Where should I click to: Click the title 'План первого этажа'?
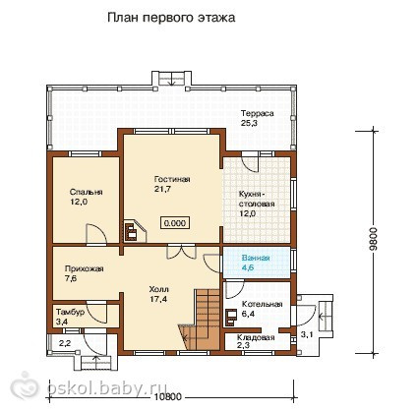click(171, 18)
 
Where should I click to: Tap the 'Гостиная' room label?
click(172, 179)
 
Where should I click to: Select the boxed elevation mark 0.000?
click(175, 223)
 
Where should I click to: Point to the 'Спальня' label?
click(87, 192)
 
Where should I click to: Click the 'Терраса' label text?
click(258, 114)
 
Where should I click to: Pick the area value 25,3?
click(249, 123)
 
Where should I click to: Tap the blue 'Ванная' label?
click(256, 258)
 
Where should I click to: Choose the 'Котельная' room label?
click(262, 305)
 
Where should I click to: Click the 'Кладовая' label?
click(256, 337)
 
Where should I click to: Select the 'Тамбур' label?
click(70, 312)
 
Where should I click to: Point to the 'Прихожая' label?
click(85, 269)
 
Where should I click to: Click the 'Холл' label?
click(159, 289)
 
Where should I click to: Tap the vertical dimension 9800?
click(374, 239)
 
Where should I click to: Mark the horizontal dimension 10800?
click(167, 397)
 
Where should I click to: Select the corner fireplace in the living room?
click(135, 231)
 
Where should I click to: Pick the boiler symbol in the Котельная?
click(231, 318)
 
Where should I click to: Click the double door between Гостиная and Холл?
click(181, 253)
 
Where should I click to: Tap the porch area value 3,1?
click(307, 334)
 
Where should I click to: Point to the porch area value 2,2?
click(65, 343)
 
